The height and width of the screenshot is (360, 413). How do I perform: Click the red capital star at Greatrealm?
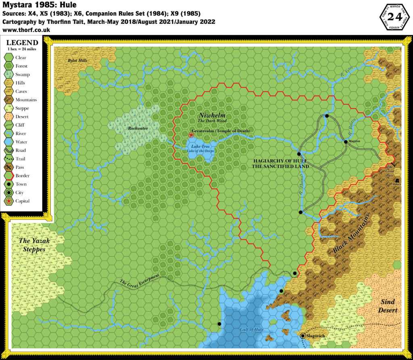191,135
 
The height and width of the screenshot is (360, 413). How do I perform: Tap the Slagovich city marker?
303,335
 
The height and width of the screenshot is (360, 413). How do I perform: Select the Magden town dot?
346,142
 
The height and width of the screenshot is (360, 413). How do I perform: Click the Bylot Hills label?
77,60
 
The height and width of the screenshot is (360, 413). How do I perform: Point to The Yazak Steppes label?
35,245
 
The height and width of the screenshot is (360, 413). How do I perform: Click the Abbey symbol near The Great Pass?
398,180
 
